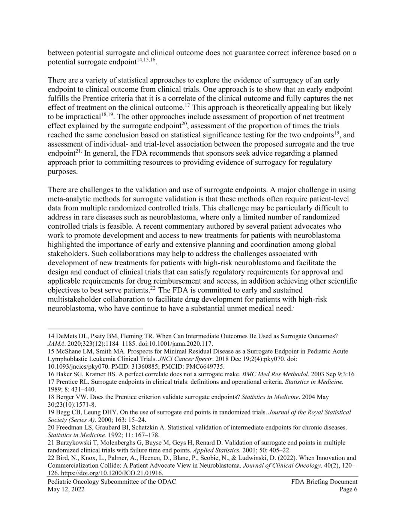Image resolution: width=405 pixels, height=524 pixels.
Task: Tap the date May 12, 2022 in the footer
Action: click(66, 489)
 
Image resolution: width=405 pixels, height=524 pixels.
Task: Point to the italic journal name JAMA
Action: click(55, 344)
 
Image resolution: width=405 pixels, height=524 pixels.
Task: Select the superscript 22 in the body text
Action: click(153, 288)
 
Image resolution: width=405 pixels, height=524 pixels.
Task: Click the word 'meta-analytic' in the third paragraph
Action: click(69, 199)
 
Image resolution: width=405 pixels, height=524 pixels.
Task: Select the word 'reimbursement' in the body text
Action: click(164, 281)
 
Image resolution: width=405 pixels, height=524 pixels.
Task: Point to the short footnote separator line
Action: click(95, 328)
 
